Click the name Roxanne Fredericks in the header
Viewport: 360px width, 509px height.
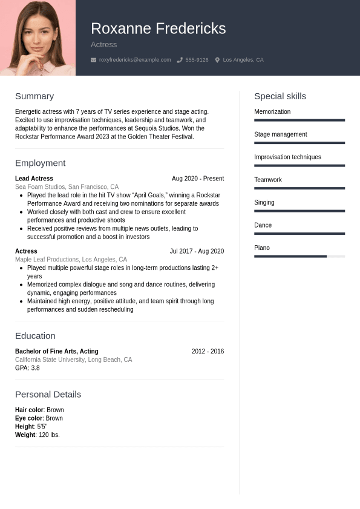tap(158, 28)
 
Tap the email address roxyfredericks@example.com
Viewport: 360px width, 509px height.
tap(134, 60)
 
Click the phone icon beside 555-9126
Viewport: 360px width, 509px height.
tap(180, 60)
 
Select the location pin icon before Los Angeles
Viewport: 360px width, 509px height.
tap(217, 60)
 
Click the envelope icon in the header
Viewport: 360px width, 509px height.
tap(93, 60)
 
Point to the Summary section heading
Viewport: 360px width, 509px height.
tap(34, 96)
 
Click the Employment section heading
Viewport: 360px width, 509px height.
tap(40, 163)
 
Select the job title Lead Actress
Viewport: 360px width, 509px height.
tap(34, 179)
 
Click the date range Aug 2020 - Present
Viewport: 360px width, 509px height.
tap(197, 179)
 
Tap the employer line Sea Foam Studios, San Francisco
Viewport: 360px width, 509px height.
tap(67, 187)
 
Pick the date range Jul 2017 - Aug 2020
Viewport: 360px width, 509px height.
tap(197, 251)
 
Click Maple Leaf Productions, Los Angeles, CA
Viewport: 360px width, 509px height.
tap(71, 260)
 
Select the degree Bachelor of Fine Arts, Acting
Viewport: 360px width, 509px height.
tap(56, 351)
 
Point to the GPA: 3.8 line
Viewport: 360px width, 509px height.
tap(27, 368)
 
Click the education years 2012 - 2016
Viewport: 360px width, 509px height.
tap(208, 351)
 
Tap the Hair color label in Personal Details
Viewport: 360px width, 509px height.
tap(29, 410)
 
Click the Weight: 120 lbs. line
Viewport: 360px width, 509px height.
tap(38, 435)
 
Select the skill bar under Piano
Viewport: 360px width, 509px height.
tap(299, 257)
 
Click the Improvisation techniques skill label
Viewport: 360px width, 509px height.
tap(287, 157)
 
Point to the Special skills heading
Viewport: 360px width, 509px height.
tap(280, 96)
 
